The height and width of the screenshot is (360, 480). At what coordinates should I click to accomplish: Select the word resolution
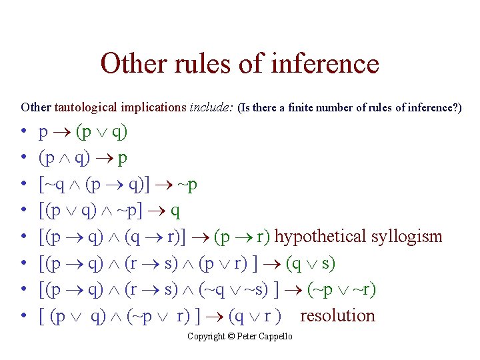[337, 315]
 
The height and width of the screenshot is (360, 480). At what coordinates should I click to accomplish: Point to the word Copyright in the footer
[207, 337]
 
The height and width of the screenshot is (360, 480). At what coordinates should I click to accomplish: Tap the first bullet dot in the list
[24, 133]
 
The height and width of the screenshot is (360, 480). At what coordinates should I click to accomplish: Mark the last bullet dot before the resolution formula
[24, 316]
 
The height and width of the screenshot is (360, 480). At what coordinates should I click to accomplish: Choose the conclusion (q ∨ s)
[311, 263]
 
